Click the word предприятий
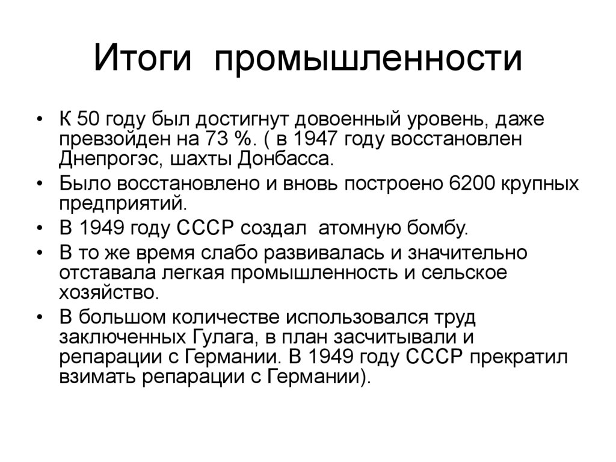pyautogui.click(x=119, y=203)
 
